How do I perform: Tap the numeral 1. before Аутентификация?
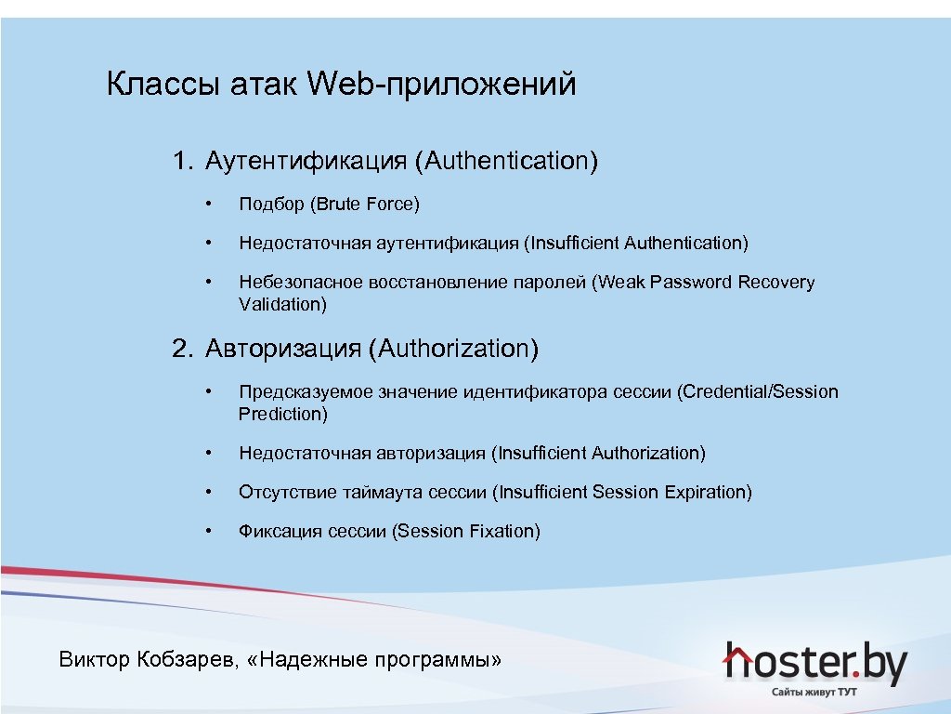(182, 161)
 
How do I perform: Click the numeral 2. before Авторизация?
(182, 349)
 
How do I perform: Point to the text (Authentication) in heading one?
(506, 161)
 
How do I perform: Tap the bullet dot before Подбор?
(211, 204)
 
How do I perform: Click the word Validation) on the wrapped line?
(282, 304)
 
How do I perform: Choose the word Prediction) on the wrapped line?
(282, 414)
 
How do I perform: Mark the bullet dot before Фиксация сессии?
(211, 531)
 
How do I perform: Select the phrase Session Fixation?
(466, 531)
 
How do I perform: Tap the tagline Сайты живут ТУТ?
(814, 693)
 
